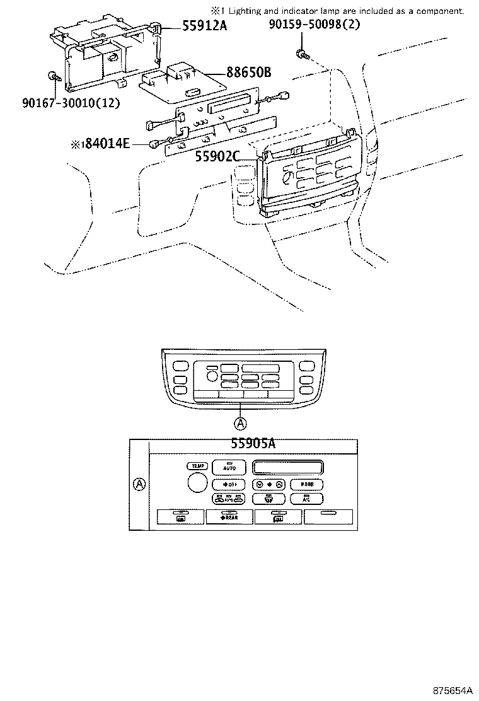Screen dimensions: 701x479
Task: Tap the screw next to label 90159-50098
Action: pos(302,55)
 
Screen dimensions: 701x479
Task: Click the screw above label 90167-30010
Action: pos(54,78)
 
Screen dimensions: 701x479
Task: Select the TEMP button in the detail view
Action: pos(198,466)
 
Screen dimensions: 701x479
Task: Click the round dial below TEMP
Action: pos(197,484)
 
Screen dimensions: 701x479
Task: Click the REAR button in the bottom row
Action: pos(229,517)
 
